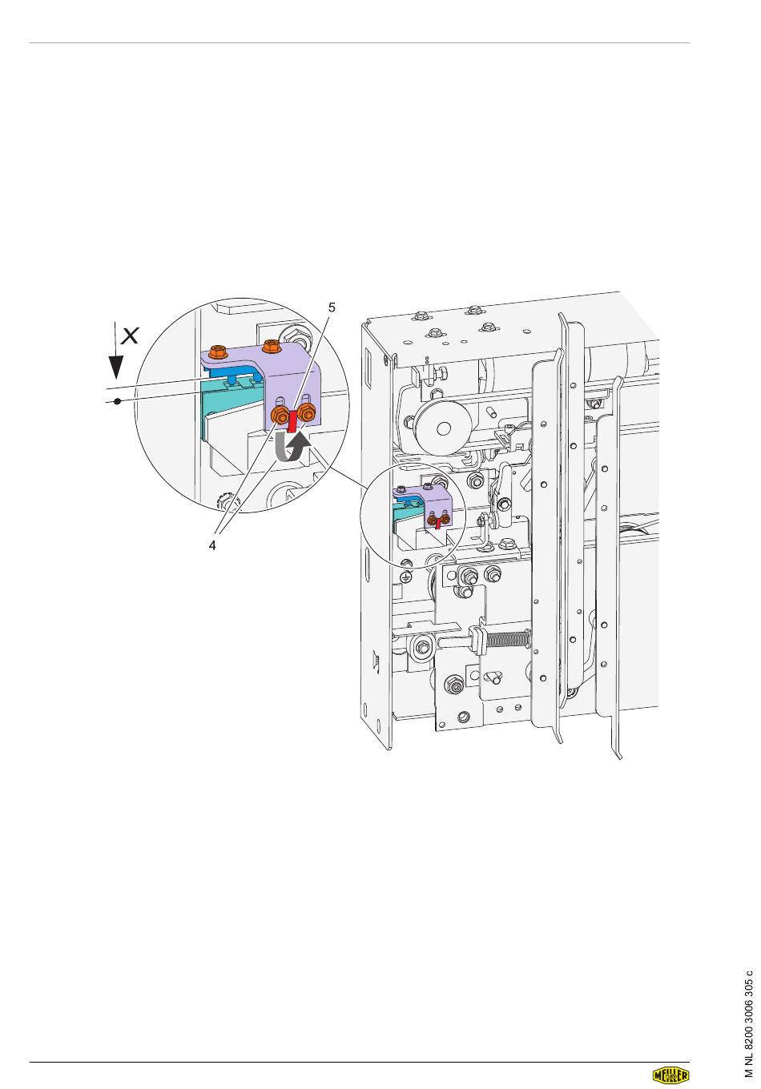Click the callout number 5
(x=332, y=307)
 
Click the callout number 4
(x=212, y=545)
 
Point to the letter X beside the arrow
(x=130, y=336)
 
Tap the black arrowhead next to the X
(x=115, y=368)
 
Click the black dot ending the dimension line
(x=117, y=402)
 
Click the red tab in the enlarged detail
(x=292, y=421)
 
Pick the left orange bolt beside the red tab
(x=280, y=416)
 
